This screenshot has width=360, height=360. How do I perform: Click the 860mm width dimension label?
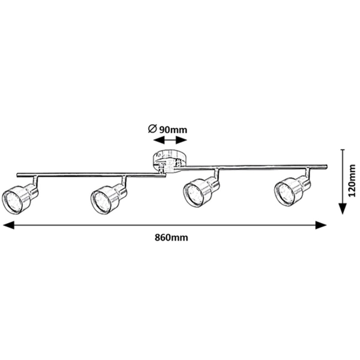pyautogui.click(x=170, y=238)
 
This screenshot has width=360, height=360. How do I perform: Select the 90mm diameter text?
pyautogui.click(x=175, y=128)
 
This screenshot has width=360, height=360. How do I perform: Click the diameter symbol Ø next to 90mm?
pyautogui.click(x=152, y=128)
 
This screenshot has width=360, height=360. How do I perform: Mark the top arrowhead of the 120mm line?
pyautogui.click(x=341, y=154)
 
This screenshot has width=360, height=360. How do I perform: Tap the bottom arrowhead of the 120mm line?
pyautogui.click(x=341, y=208)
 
